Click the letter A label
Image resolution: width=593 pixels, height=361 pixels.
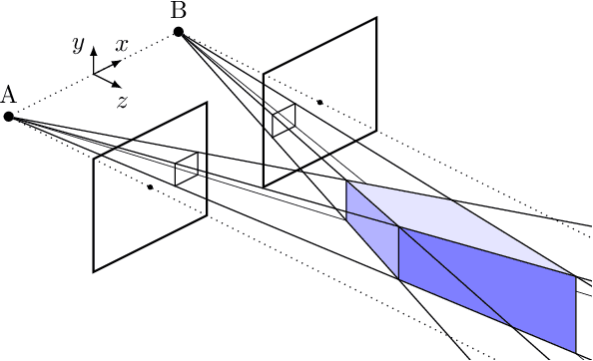[x=9, y=96]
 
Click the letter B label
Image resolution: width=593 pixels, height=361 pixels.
[x=179, y=11]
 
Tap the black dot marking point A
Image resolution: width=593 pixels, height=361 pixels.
[x=9, y=117]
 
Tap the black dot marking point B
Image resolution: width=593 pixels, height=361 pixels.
[x=179, y=32]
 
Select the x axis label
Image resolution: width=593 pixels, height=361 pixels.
[x=121, y=45]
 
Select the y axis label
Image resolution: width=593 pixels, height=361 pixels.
[x=77, y=44]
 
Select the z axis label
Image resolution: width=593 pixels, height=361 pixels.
[x=122, y=101]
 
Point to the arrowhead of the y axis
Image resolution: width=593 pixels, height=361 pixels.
[x=94, y=49]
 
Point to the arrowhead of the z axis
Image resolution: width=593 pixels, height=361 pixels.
[x=116, y=84]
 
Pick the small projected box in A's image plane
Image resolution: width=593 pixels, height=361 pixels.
[x=186, y=169]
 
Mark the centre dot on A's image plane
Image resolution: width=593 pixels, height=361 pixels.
[x=150, y=186]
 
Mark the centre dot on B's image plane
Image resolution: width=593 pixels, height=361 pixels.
[x=319, y=102]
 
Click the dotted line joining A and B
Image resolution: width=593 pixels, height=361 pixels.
[x=95, y=74]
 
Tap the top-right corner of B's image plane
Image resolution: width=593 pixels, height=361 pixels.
[x=376, y=17]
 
